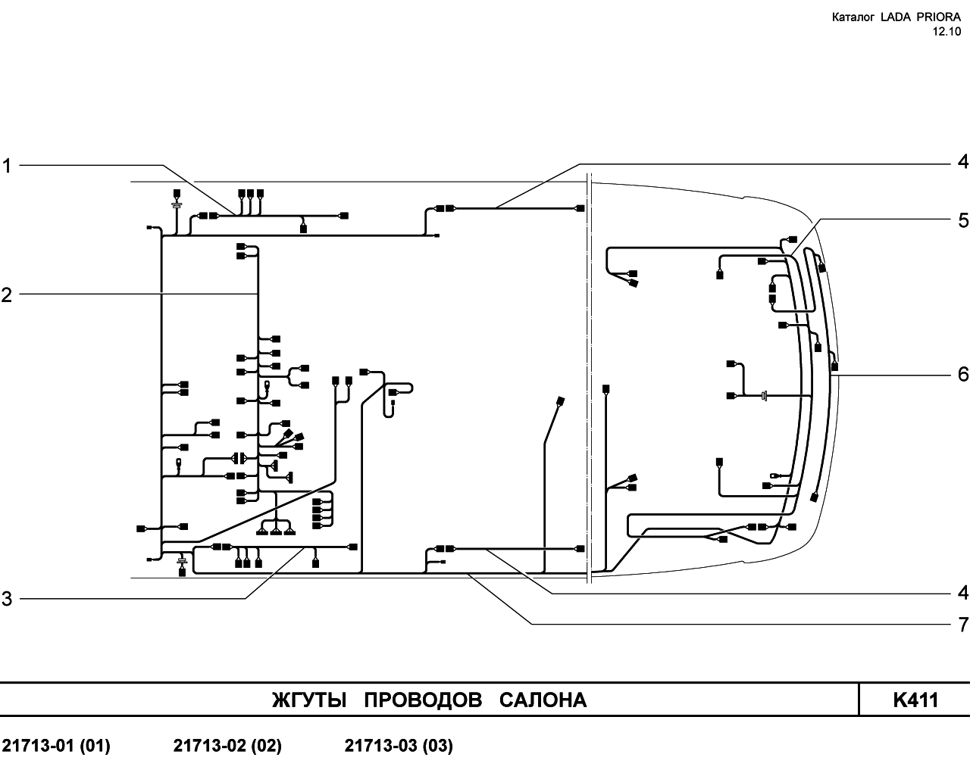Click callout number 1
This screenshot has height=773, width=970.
6,167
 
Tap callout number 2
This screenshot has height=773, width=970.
6,295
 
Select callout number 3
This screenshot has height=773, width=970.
6,599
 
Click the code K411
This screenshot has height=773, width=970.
916,700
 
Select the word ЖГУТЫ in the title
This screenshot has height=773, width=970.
309,700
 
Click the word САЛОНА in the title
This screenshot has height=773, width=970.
543,700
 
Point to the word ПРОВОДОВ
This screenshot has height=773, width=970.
423,700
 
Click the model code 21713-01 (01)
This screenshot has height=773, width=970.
56,746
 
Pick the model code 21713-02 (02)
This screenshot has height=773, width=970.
227,746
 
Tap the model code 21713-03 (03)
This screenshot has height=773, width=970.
399,746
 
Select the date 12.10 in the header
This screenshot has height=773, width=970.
947,32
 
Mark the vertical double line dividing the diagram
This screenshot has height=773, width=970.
589,378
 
